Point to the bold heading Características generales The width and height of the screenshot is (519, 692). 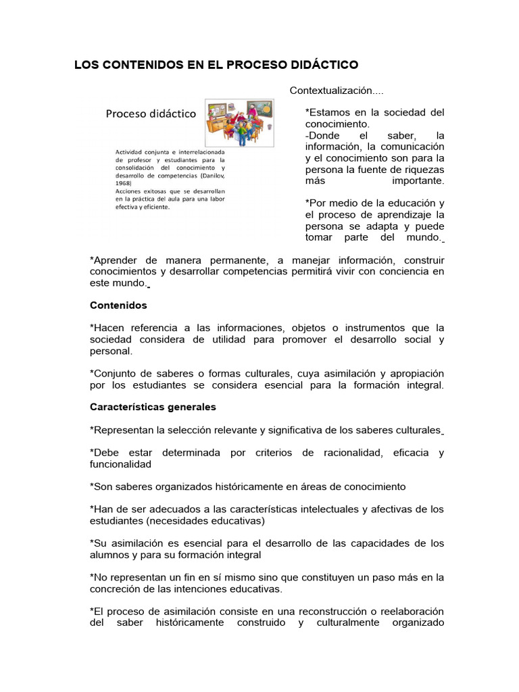click(x=153, y=407)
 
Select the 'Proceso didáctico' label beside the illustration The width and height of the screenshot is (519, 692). click(x=151, y=114)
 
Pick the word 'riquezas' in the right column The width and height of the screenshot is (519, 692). click(x=424, y=169)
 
